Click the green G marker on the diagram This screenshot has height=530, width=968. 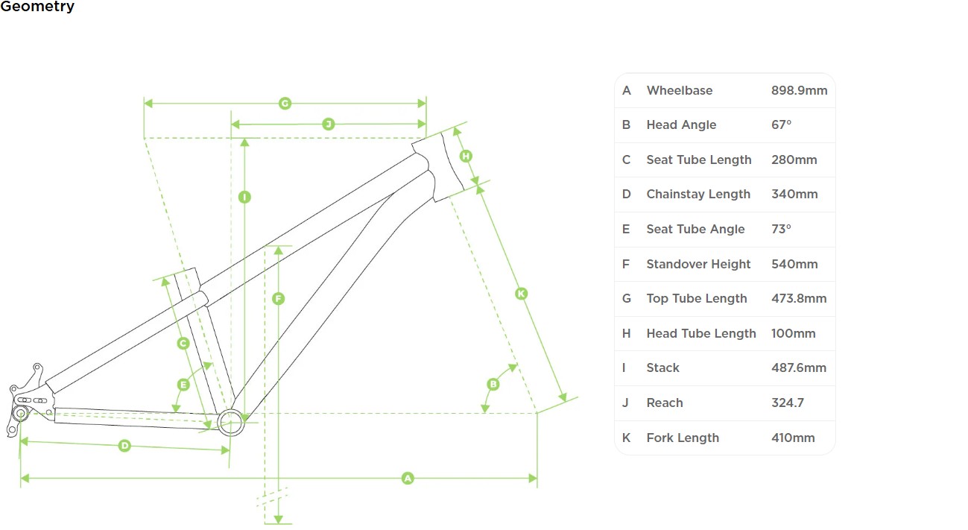click(285, 104)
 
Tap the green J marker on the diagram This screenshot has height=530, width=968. click(328, 124)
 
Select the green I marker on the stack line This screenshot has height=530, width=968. click(244, 197)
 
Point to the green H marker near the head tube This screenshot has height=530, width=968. click(466, 156)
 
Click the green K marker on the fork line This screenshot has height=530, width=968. click(521, 294)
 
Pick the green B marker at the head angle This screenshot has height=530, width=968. click(493, 385)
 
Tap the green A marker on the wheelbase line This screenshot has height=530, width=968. click(408, 478)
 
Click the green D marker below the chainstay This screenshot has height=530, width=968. click(124, 446)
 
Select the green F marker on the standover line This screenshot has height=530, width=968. click(278, 299)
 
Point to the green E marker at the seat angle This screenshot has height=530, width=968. click(183, 385)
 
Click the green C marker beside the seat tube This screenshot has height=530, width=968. click(183, 344)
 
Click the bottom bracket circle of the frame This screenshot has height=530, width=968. click(230, 422)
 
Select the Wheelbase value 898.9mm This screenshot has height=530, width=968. click(799, 90)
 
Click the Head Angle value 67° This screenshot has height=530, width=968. click(781, 125)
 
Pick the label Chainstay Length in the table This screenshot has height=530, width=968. click(698, 195)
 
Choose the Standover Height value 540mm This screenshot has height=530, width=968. click(794, 264)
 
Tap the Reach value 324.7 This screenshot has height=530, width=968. click(787, 403)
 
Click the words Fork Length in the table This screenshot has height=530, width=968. click(683, 438)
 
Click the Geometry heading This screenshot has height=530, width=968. click(37, 7)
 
